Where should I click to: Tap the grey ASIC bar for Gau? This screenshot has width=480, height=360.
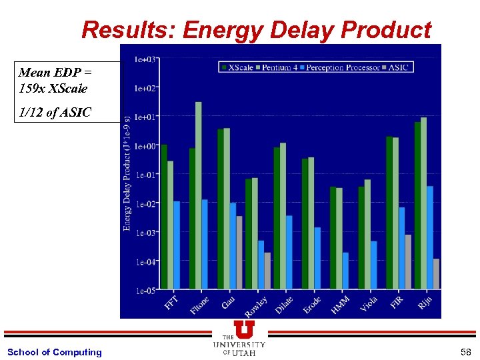pyautogui.click(x=239, y=253)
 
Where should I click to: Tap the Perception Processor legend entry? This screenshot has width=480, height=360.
pyautogui.click(x=339, y=67)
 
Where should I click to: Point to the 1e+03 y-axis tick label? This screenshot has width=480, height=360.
pyautogui.click(x=145, y=59)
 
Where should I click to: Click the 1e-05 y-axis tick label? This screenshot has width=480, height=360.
pyautogui.click(x=147, y=291)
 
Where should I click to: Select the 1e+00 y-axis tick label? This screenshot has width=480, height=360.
pyautogui.click(x=146, y=146)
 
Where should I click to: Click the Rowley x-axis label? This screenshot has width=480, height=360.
pyautogui.click(x=255, y=307)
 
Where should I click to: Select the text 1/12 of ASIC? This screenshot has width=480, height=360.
pyautogui.click(x=55, y=113)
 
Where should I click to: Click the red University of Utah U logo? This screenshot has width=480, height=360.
pyautogui.click(x=244, y=329)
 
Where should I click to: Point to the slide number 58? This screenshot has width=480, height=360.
pyautogui.click(x=465, y=352)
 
